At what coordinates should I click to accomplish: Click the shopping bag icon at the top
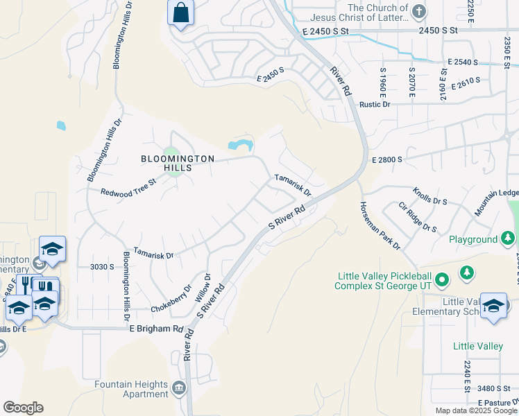180,13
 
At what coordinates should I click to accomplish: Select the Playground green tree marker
509,239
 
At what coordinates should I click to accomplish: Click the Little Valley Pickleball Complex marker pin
444,280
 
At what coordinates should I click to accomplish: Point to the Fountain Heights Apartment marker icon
180,388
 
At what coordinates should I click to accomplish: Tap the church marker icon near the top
418,12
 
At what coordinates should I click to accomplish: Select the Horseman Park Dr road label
380,225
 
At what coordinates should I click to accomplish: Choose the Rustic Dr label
375,104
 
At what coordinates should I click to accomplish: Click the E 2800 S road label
387,159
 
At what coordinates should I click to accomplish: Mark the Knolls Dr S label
430,195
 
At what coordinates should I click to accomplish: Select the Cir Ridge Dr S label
418,218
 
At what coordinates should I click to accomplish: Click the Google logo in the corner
23,408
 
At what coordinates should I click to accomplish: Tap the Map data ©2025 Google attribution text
477,410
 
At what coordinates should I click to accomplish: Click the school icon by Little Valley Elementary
493,305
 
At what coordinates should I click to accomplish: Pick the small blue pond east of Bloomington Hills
239,144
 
